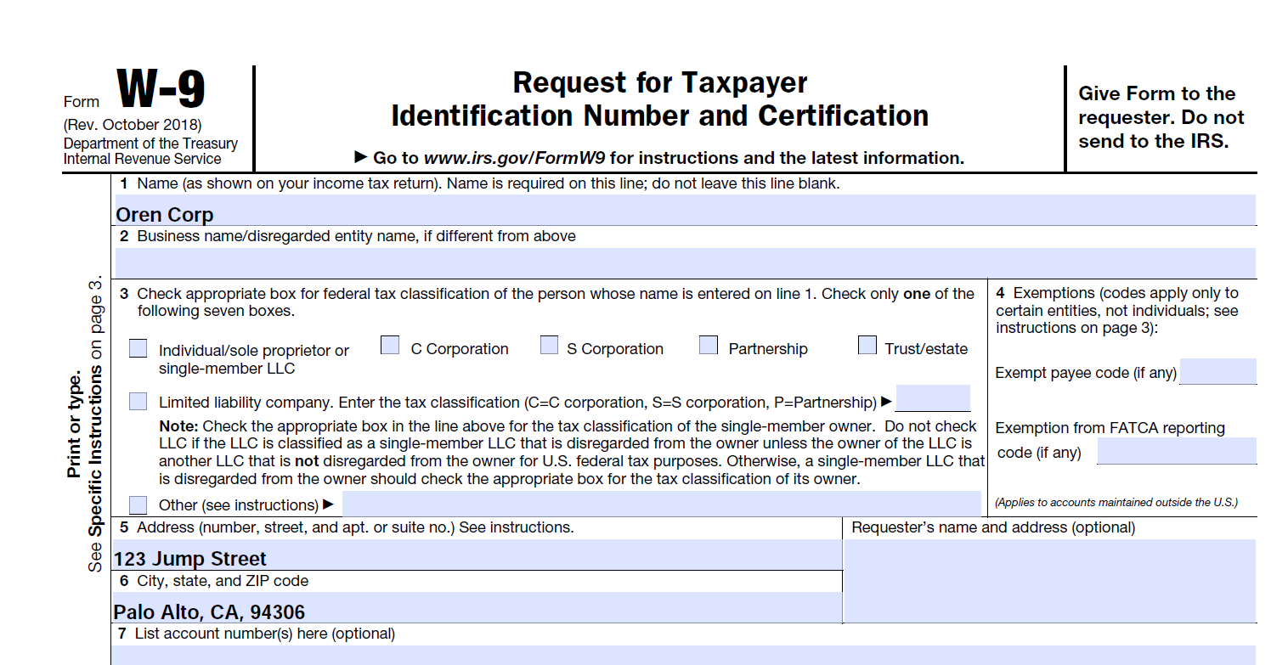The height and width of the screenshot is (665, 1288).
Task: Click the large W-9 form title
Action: (161, 90)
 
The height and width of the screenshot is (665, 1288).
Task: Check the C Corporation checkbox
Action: (390, 346)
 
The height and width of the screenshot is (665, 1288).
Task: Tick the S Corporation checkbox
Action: (550, 346)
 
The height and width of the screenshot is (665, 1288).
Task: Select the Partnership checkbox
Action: (709, 346)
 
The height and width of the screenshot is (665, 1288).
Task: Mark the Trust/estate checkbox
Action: (867, 346)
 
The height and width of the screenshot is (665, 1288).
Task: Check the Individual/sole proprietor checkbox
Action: (138, 349)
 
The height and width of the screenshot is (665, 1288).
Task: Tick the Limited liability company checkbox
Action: (138, 401)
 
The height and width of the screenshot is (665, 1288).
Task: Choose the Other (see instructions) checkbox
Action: (138, 504)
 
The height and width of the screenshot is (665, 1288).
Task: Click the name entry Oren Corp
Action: (165, 215)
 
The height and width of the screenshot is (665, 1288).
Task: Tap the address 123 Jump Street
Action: (190, 559)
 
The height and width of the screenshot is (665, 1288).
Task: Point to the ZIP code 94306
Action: (278, 612)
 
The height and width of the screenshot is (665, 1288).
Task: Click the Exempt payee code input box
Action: (1217, 371)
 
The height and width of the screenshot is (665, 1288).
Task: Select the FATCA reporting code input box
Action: (1176, 451)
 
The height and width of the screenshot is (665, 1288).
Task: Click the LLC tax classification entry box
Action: (932, 398)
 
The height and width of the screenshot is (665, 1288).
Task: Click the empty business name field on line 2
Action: (685, 262)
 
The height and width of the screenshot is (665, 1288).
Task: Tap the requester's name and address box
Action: (1049, 581)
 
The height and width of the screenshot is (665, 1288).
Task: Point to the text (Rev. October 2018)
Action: (133, 126)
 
